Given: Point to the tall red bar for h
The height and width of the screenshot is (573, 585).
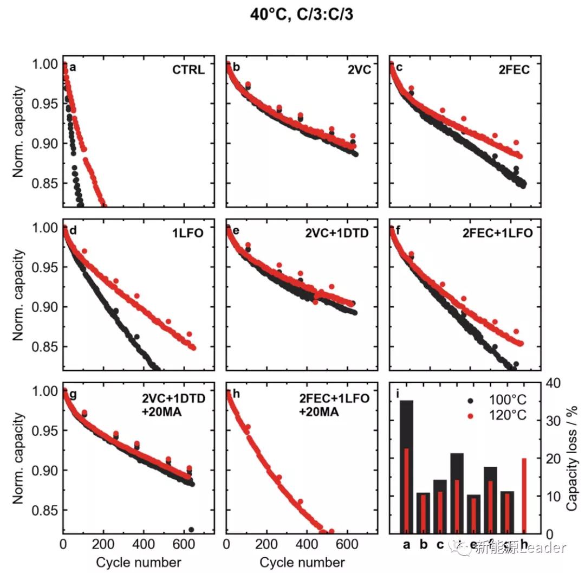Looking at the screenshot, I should point(524,495).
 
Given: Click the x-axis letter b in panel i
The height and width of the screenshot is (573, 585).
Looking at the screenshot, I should point(423,544).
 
